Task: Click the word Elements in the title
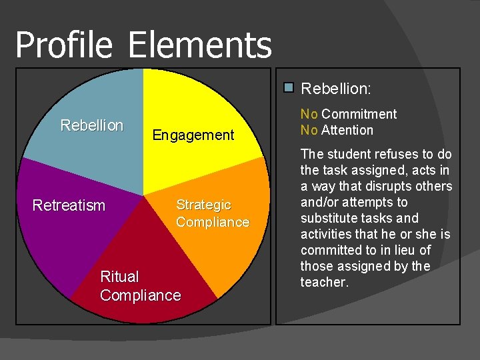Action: point(199,46)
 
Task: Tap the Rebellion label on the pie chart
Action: point(92,125)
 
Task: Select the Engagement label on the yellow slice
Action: point(193,135)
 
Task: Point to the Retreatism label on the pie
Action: point(69,205)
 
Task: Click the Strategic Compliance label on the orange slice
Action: point(212,213)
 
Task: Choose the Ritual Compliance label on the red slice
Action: point(140,286)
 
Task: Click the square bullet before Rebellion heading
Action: point(289,87)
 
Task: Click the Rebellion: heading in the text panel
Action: point(336,88)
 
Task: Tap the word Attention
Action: point(347,130)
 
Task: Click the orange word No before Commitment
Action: point(309,114)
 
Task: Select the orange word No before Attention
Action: point(309,130)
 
